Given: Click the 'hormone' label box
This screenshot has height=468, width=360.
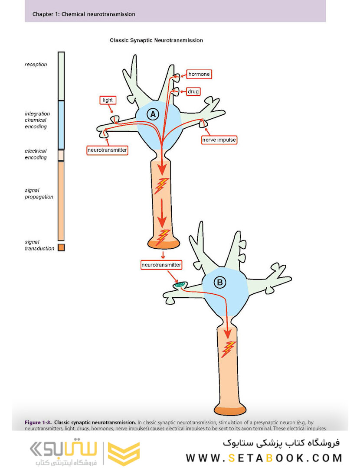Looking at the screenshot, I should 199,74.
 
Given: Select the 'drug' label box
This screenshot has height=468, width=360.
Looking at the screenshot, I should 193,91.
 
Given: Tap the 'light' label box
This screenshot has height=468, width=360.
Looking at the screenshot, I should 108,100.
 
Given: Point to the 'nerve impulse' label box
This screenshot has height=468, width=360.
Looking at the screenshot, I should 219,140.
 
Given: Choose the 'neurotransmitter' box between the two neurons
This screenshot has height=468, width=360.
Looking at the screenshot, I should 161,264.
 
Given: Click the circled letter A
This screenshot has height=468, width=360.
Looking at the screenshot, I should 152,114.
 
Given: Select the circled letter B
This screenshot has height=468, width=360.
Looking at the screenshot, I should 220,283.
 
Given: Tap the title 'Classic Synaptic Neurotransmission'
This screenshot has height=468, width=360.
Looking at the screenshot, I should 156,40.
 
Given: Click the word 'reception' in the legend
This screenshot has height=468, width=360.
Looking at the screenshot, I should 36,65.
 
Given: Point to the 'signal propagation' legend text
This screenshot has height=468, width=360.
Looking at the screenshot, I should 39,193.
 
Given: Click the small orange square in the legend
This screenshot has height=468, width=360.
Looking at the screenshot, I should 61,247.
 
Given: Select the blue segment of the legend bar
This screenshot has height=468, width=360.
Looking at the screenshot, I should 61,125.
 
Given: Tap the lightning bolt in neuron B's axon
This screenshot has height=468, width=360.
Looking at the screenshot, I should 228,349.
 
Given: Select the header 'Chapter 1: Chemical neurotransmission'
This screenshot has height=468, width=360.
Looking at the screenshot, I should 84,14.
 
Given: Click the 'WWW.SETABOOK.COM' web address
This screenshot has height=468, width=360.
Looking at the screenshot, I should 264,458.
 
